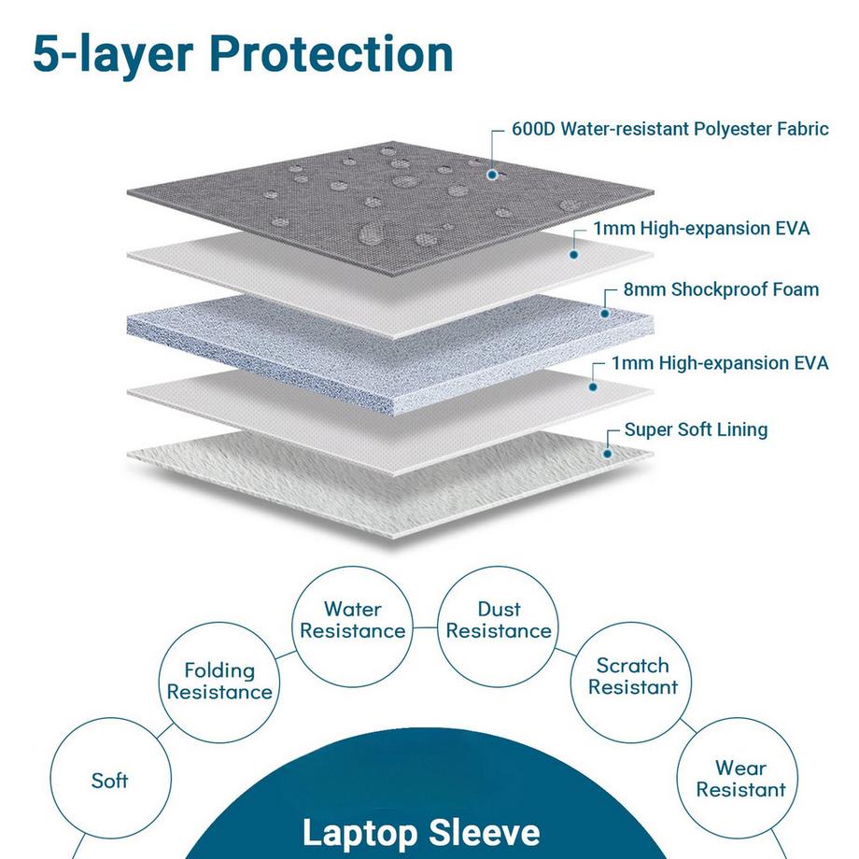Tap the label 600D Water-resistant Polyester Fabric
point(669,129)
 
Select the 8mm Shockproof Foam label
point(721,289)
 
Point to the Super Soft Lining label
point(696,430)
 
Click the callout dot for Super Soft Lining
point(608,453)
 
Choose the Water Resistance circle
point(353,620)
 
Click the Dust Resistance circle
point(499,620)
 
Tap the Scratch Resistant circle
point(633,676)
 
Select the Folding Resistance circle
point(219,681)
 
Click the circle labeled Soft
point(109,780)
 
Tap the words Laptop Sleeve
point(420,832)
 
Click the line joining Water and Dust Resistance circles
point(426,628)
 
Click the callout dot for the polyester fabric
point(492,173)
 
